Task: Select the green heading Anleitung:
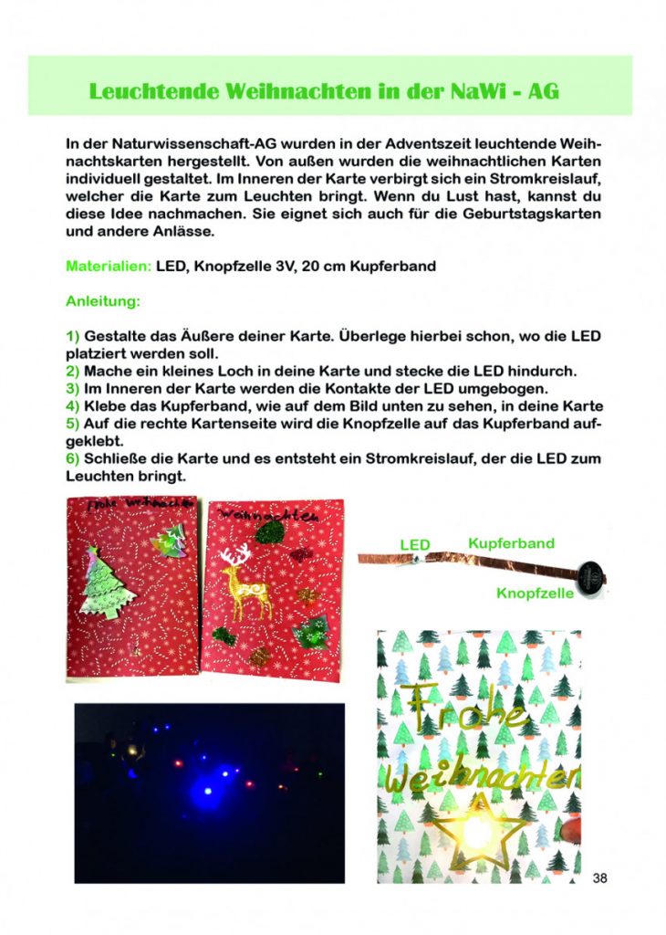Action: point(102,300)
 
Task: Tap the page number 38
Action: point(599,878)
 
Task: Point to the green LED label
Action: point(415,545)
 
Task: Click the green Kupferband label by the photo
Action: point(511,543)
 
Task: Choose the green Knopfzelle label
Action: point(536,593)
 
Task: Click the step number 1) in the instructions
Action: point(72,336)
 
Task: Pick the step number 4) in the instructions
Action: point(72,405)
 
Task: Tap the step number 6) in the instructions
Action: point(72,457)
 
